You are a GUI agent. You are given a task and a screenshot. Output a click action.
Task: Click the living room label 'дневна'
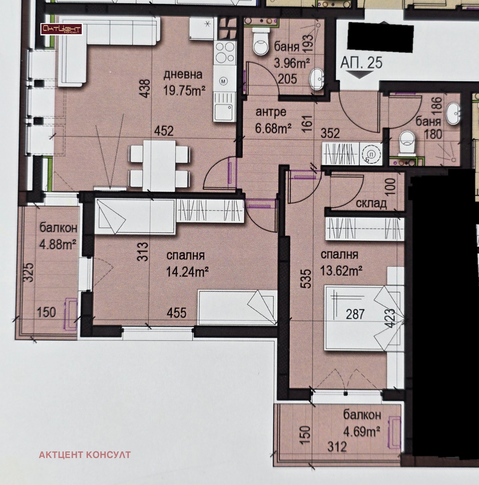click(183, 74)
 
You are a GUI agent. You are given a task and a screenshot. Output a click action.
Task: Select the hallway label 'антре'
click(271, 112)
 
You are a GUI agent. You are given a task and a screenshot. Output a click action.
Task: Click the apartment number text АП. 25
click(361, 63)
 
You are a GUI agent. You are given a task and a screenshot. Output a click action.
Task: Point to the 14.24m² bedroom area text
click(187, 272)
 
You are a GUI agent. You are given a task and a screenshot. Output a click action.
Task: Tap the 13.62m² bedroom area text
click(342, 271)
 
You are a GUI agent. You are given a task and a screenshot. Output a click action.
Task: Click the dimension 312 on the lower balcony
click(337, 447)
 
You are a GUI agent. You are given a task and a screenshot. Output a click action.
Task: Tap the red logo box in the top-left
click(62, 29)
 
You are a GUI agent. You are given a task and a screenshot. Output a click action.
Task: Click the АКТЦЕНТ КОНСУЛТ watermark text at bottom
click(85, 455)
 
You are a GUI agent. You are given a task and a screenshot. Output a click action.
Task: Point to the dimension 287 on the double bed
click(355, 314)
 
